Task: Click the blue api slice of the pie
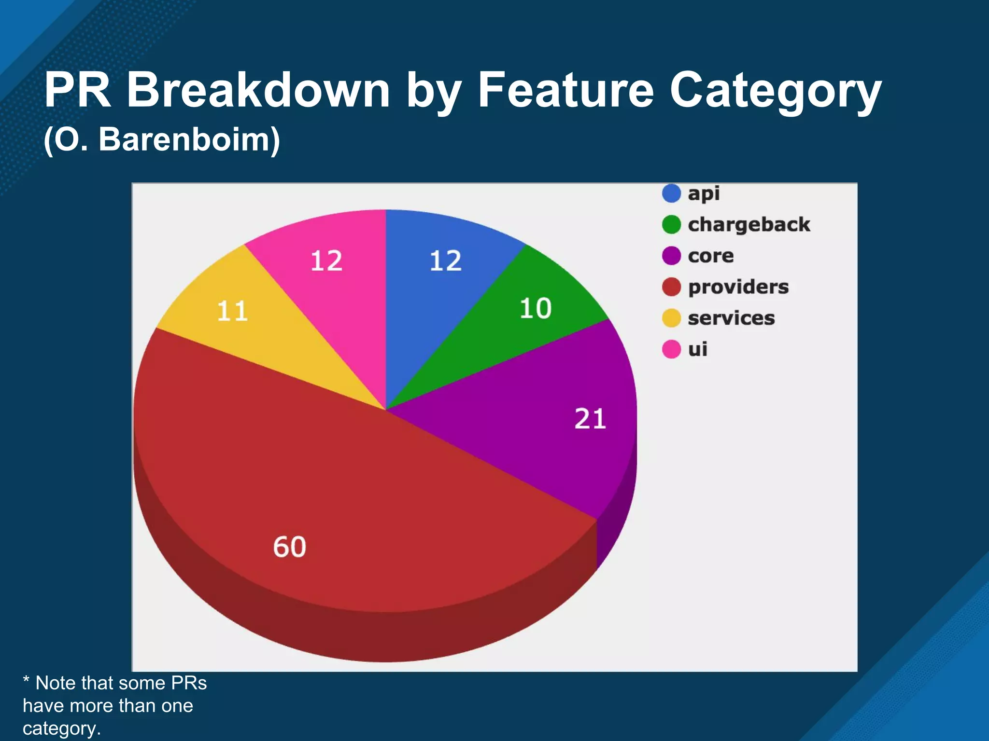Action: tap(435, 299)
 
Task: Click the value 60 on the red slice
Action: tap(290, 547)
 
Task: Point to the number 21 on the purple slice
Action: tap(590, 418)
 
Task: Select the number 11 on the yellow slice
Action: tap(233, 311)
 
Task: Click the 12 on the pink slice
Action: tap(326, 261)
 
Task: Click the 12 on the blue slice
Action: tap(446, 261)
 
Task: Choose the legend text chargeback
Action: tap(749, 225)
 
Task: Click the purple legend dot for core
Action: tap(671, 256)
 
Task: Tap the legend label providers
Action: tap(738, 287)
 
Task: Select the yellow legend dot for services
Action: tap(671, 318)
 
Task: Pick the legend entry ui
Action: tap(697, 349)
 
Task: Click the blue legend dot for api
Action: tap(671, 193)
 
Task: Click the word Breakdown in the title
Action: tap(258, 90)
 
